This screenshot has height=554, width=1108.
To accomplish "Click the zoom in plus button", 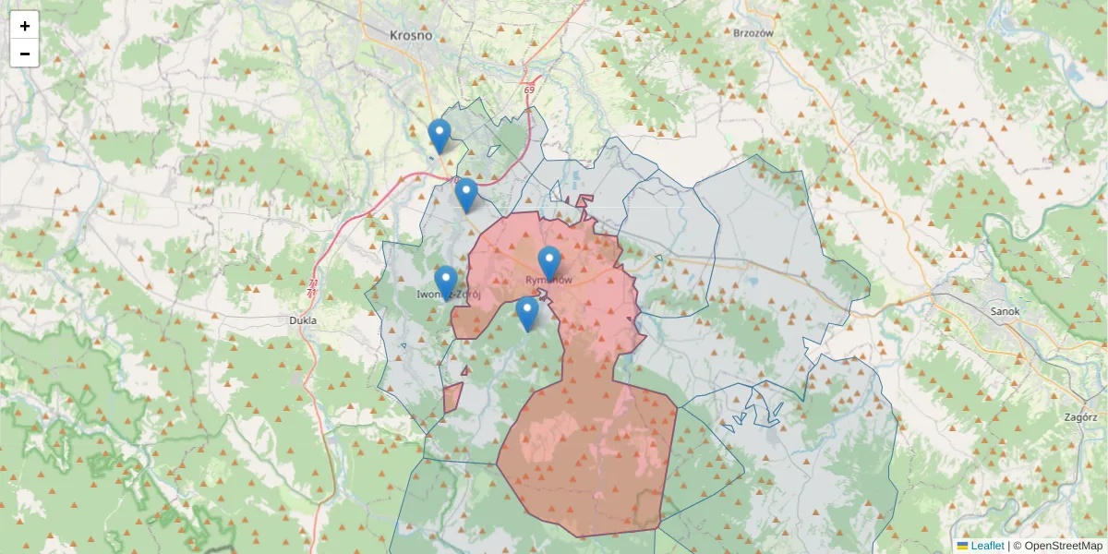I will [x=25, y=26].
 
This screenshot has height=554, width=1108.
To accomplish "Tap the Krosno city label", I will [x=411, y=35].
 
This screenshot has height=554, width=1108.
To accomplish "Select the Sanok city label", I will [x=1005, y=311].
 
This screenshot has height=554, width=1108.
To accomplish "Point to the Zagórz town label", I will [x=1079, y=416].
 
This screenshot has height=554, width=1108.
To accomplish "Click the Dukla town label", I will [x=302, y=320].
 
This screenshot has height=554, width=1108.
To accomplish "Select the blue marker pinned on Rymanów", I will [x=549, y=263].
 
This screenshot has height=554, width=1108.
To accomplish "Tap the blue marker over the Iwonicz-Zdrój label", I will [x=446, y=282].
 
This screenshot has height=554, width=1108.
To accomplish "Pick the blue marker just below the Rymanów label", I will [x=527, y=313].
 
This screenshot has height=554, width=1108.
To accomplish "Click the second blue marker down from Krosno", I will [x=466, y=195].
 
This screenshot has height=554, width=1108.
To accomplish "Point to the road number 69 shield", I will [x=529, y=90].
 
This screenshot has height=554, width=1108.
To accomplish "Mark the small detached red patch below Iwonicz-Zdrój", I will [x=452, y=398].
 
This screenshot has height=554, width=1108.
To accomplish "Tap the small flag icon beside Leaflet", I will [x=963, y=546].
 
